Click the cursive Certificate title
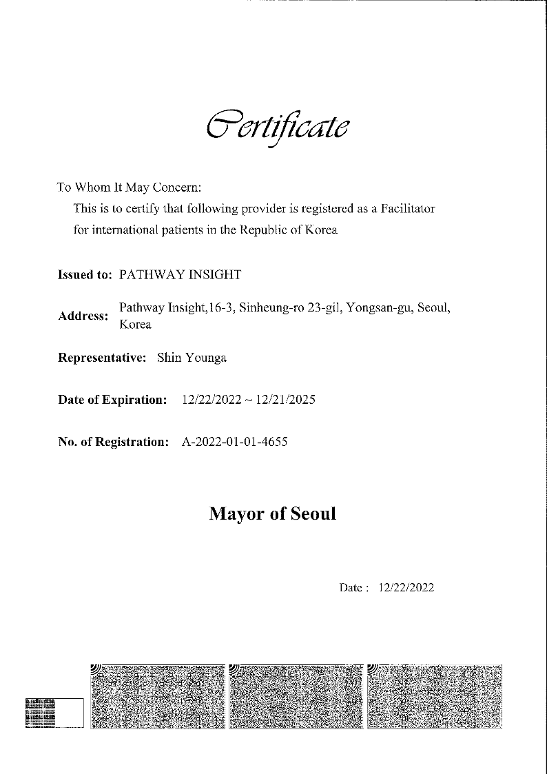(278, 125)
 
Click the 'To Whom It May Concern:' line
(129, 187)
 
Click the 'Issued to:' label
(85, 275)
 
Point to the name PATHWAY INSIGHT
(180, 275)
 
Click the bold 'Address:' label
(83, 316)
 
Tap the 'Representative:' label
(102, 358)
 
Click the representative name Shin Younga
(192, 358)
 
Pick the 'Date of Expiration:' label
(112, 400)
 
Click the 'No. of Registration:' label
(114, 442)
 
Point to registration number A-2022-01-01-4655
(234, 442)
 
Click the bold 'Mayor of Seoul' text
(273, 514)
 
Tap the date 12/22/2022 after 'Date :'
(406, 588)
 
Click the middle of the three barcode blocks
(296, 696)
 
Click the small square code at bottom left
(39, 713)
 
